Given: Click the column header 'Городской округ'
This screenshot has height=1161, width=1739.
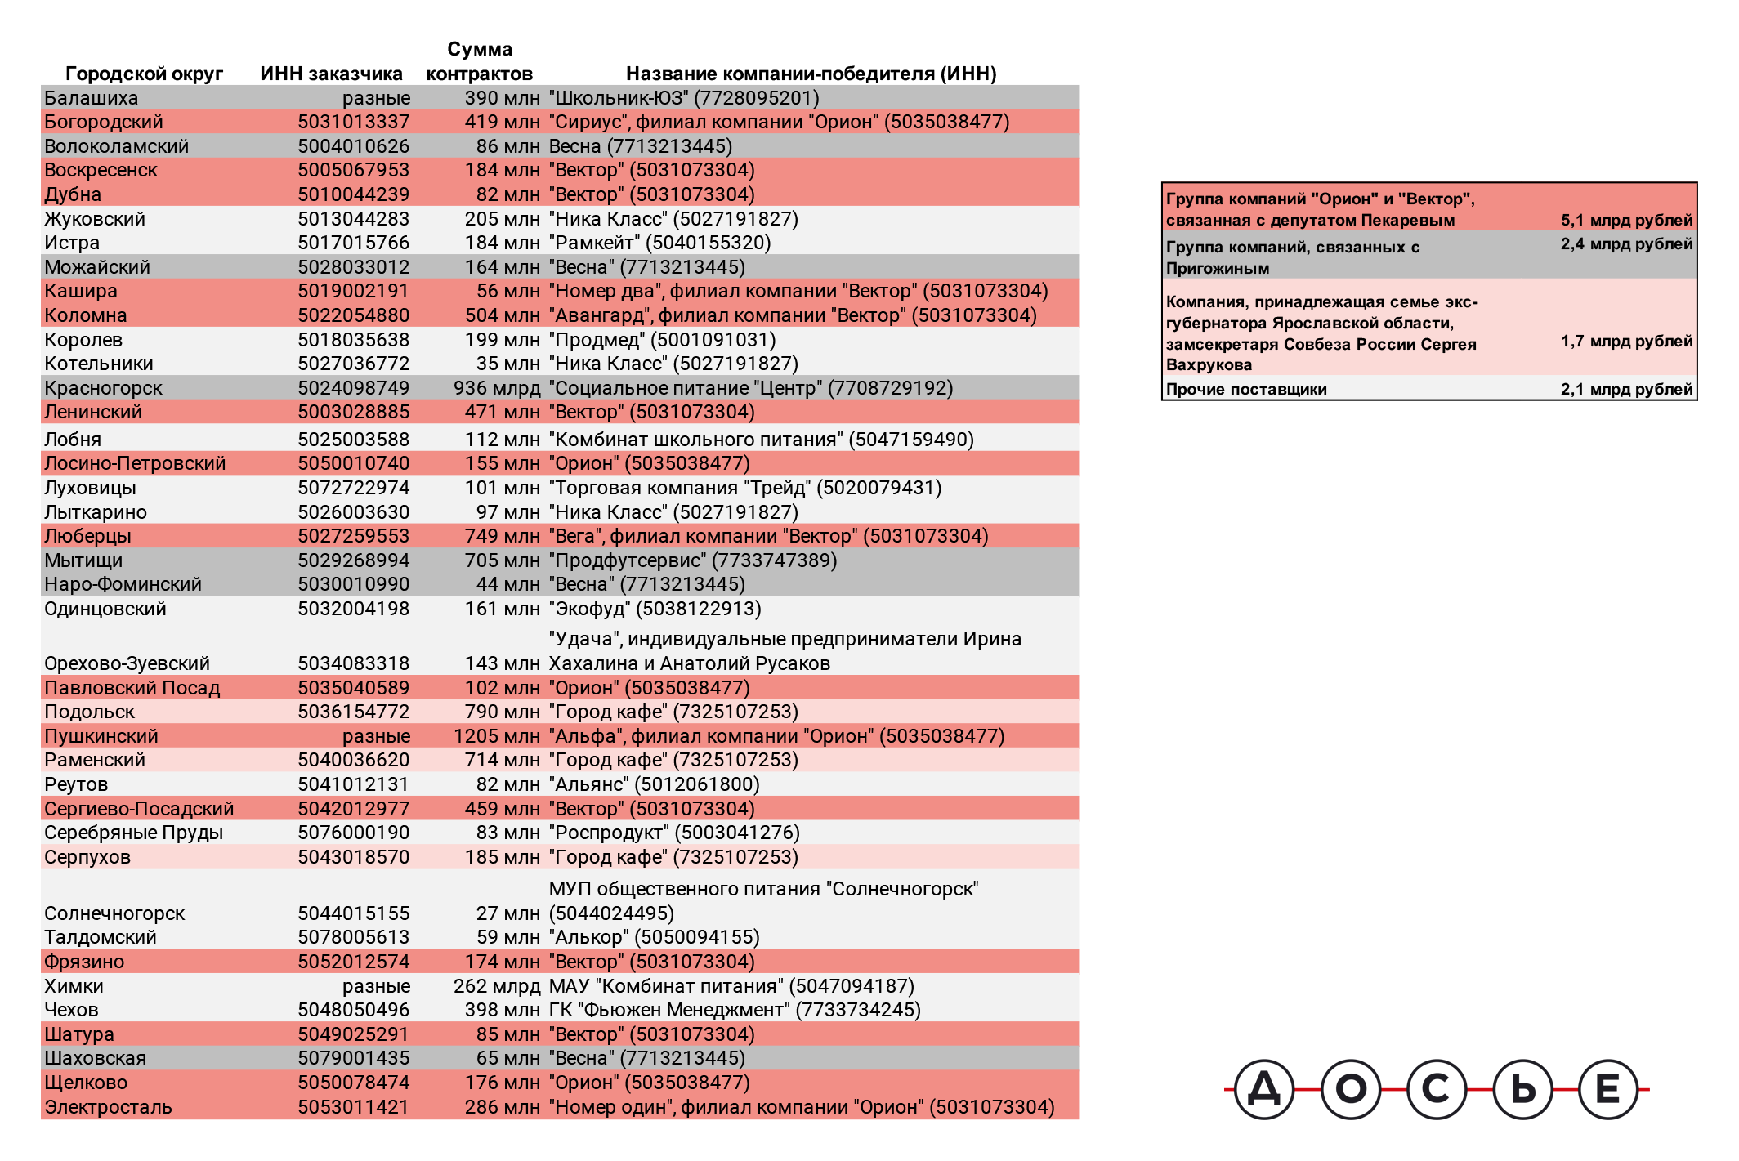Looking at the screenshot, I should (144, 74).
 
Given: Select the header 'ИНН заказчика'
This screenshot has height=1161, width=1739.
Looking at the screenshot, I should (331, 74).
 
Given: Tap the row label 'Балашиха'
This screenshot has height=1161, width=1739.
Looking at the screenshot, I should (91, 98).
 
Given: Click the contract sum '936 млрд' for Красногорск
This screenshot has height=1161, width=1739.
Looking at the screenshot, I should (496, 388).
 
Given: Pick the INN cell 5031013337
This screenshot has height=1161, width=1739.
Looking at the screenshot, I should (353, 122).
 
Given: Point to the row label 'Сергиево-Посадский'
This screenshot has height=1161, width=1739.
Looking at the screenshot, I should (139, 809).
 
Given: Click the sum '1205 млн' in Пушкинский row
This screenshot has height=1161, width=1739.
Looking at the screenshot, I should (496, 736).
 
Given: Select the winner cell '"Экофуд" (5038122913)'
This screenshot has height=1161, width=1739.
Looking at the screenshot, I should (655, 609).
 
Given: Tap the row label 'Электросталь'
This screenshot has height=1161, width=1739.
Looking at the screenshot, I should (108, 1107).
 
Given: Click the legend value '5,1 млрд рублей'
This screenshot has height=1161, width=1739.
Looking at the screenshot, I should (1626, 220).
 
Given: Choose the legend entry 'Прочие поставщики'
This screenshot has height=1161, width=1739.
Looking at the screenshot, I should (1246, 389).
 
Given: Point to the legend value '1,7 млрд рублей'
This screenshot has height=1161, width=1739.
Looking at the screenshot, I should (1626, 341).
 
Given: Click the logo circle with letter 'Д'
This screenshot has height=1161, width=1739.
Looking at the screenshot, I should (1263, 1089).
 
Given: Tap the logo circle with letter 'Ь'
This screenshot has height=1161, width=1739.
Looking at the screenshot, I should (1522, 1089).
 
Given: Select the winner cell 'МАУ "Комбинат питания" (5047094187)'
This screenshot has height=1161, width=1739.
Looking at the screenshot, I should (731, 986).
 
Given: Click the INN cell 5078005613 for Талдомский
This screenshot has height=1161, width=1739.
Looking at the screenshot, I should (353, 937).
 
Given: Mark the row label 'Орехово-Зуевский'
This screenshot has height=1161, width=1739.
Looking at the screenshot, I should (127, 663).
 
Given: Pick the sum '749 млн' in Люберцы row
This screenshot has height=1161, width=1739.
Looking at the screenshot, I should (502, 536).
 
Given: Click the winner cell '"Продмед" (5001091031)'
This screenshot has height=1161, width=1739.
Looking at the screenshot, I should (662, 340).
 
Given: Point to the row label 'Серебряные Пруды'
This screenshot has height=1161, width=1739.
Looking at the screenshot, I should (133, 833).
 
